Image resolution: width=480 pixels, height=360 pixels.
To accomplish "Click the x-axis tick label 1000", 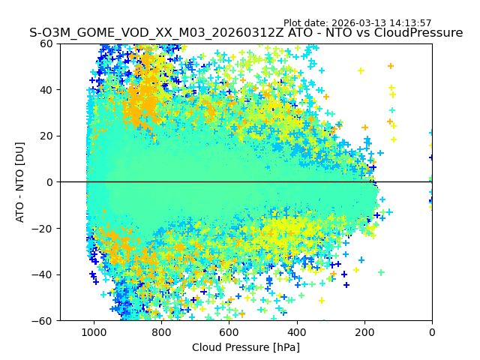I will click(x=94, y=332).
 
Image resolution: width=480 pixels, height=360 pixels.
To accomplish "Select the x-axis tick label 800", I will click(x=161, y=332).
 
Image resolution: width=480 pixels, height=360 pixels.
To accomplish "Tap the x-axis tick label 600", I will click(x=229, y=332).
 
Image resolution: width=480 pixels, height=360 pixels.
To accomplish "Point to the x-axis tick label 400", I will click(x=296, y=332).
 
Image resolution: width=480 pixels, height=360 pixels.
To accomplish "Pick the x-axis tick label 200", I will click(x=364, y=332).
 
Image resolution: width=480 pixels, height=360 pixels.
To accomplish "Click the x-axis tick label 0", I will click(x=431, y=332).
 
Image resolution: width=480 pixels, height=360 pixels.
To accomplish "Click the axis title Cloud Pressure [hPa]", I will click(x=246, y=347).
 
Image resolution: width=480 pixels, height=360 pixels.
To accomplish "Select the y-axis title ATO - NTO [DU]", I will click(x=21, y=182).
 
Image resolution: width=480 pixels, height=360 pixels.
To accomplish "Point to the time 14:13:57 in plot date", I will click(x=431, y=23).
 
